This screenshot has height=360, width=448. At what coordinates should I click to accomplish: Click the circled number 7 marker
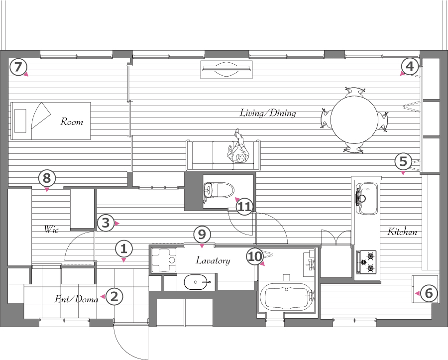[18, 67]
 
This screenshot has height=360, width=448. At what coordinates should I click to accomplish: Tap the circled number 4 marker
[410, 66]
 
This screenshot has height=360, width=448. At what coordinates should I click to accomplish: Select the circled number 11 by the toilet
[245, 206]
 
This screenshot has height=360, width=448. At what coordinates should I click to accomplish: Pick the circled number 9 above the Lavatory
[202, 235]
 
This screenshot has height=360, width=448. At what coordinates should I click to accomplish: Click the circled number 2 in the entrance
[114, 296]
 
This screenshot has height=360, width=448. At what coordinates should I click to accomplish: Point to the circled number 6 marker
[429, 293]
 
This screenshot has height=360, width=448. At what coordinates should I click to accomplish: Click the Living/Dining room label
[268, 113]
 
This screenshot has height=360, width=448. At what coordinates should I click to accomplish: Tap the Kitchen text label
[402, 232]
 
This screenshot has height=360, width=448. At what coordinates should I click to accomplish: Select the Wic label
[51, 229]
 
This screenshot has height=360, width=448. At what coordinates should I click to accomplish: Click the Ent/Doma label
[77, 299]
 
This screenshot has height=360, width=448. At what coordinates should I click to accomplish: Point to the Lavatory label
[213, 260]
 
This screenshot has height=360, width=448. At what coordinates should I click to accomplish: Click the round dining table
[354, 120]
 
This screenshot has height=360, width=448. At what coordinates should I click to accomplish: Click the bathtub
[286, 297]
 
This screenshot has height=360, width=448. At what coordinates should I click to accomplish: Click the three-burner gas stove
[366, 261]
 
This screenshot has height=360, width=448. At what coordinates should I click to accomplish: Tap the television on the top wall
[226, 69]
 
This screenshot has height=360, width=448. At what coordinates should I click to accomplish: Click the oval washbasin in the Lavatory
[197, 282]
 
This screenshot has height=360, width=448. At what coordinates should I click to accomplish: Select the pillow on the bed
[20, 120]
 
